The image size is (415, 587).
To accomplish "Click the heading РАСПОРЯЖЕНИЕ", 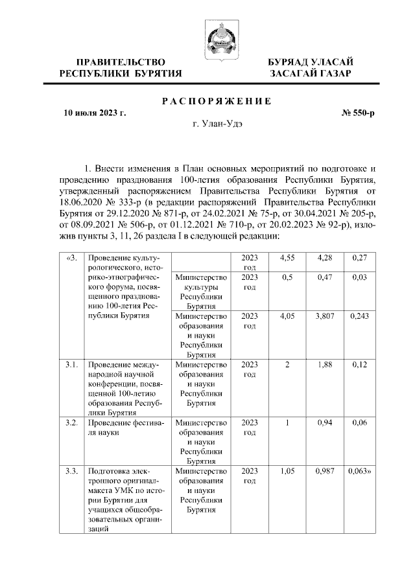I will coord(216,100).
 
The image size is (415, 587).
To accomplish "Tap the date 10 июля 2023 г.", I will coord(94,113).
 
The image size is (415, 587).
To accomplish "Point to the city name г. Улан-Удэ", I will coord(217,125).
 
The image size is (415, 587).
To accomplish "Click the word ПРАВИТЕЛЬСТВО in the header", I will coord(116,62).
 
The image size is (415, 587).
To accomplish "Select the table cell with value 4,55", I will coord(286,259).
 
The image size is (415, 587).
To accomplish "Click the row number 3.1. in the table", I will coord(71,365).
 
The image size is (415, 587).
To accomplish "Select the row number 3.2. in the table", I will coord(71,422).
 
